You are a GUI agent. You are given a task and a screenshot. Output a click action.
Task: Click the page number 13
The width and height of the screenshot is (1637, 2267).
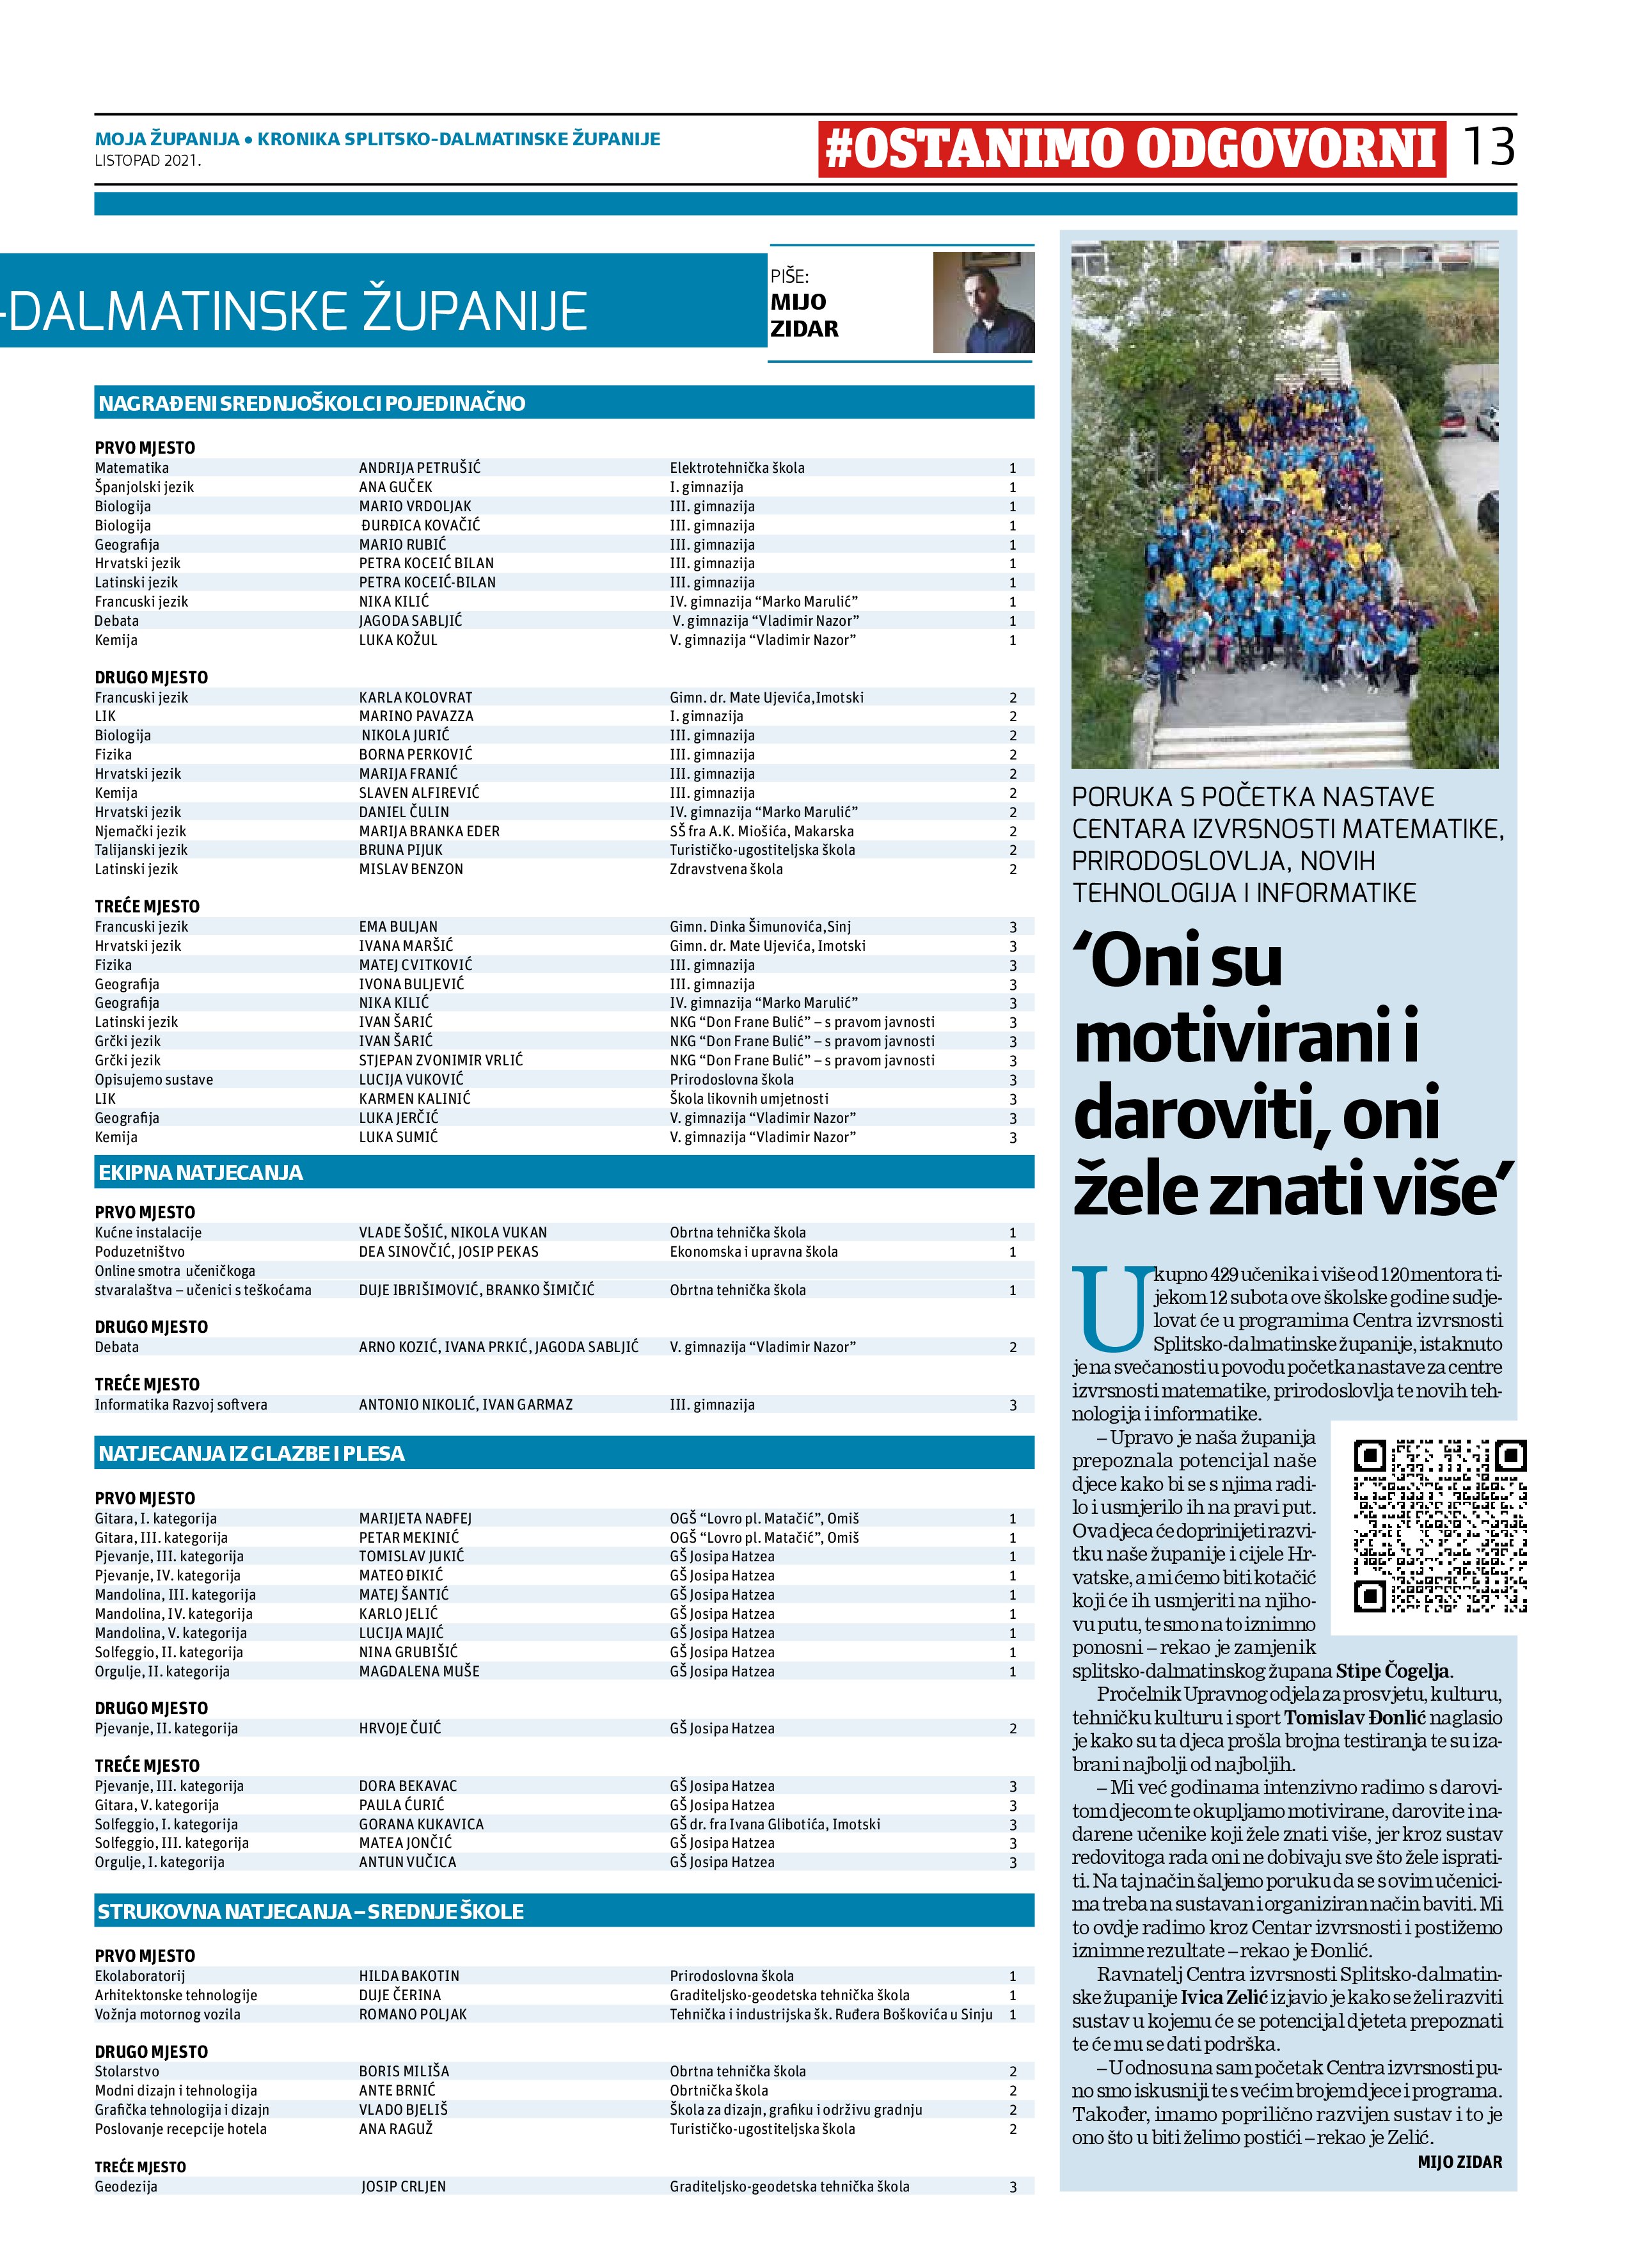click(x=1487, y=147)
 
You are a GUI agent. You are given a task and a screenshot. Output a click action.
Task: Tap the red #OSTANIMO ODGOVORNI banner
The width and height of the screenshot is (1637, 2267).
click(x=1131, y=149)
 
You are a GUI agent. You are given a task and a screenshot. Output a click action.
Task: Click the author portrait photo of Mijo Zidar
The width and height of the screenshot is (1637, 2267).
click(x=983, y=302)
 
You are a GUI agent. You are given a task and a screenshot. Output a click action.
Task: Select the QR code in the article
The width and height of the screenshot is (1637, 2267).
click(x=1439, y=1526)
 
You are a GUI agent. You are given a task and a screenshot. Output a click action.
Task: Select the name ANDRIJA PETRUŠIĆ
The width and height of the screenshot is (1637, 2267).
click(x=420, y=468)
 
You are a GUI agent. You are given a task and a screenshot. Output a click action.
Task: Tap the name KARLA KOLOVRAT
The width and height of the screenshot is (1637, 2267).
click(x=416, y=697)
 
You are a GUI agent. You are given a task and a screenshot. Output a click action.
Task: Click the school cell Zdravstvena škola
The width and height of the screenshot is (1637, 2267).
click(x=727, y=870)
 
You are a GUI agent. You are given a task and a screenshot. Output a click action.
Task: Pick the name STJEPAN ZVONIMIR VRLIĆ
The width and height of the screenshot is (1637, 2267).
click(x=441, y=1060)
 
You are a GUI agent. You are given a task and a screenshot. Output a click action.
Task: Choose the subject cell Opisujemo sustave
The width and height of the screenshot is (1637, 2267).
click(x=154, y=1079)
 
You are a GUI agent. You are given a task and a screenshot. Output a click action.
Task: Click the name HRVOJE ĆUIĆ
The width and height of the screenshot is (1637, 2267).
click(x=400, y=1728)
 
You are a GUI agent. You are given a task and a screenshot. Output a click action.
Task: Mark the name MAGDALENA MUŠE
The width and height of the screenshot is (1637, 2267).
click(x=419, y=1671)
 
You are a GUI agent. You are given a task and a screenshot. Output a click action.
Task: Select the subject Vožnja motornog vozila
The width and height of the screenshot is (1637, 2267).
click(x=168, y=2014)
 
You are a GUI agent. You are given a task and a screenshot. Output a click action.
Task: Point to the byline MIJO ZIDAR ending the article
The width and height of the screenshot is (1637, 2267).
click(x=1459, y=2162)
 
